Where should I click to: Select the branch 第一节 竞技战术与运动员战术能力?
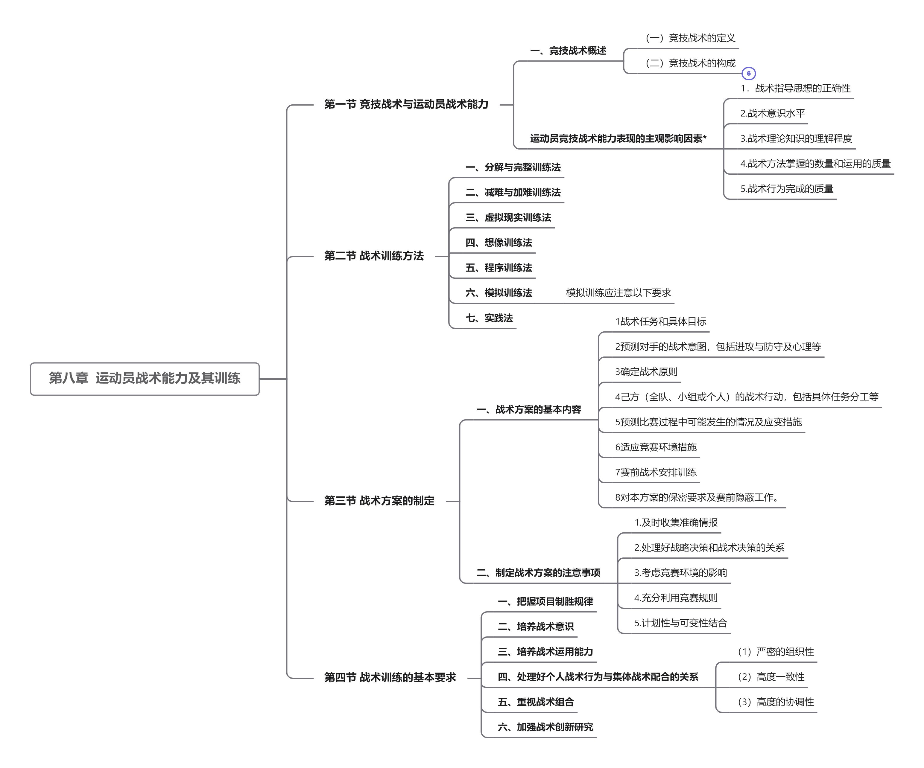(406, 104)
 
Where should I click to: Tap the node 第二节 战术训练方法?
(374, 256)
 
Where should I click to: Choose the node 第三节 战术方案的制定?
(379, 501)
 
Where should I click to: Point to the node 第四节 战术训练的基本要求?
(390, 677)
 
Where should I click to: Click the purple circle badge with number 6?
(748, 74)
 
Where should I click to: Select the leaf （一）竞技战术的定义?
(690, 38)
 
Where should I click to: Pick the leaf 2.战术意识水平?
(773, 113)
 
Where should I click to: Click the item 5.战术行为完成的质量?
(787, 189)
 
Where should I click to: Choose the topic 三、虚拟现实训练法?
(508, 217)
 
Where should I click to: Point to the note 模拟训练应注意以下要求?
(618, 293)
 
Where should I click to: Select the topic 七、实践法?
(489, 318)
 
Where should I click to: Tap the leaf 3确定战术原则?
(646, 372)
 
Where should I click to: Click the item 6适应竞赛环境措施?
(656, 447)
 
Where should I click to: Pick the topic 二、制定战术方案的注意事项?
(538, 573)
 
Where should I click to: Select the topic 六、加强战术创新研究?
(545, 727)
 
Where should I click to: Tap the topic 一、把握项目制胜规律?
(545, 601)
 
